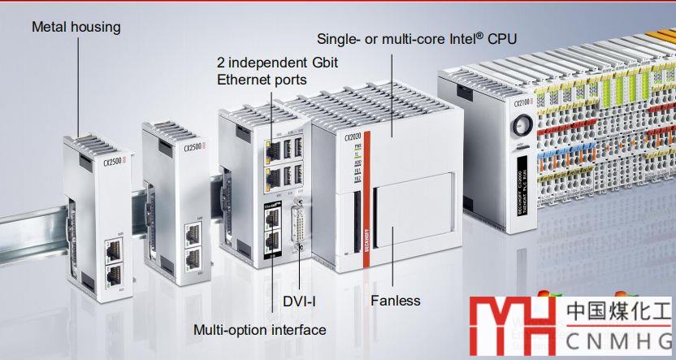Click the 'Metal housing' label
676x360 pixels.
[76, 27]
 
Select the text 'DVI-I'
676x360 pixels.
[298, 301]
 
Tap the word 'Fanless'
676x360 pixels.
[396, 301]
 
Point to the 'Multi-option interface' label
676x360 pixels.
[259, 330]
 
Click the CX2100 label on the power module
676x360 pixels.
[522, 102]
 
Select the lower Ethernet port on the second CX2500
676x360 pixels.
[193, 260]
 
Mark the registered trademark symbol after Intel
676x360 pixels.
[480, 34]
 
